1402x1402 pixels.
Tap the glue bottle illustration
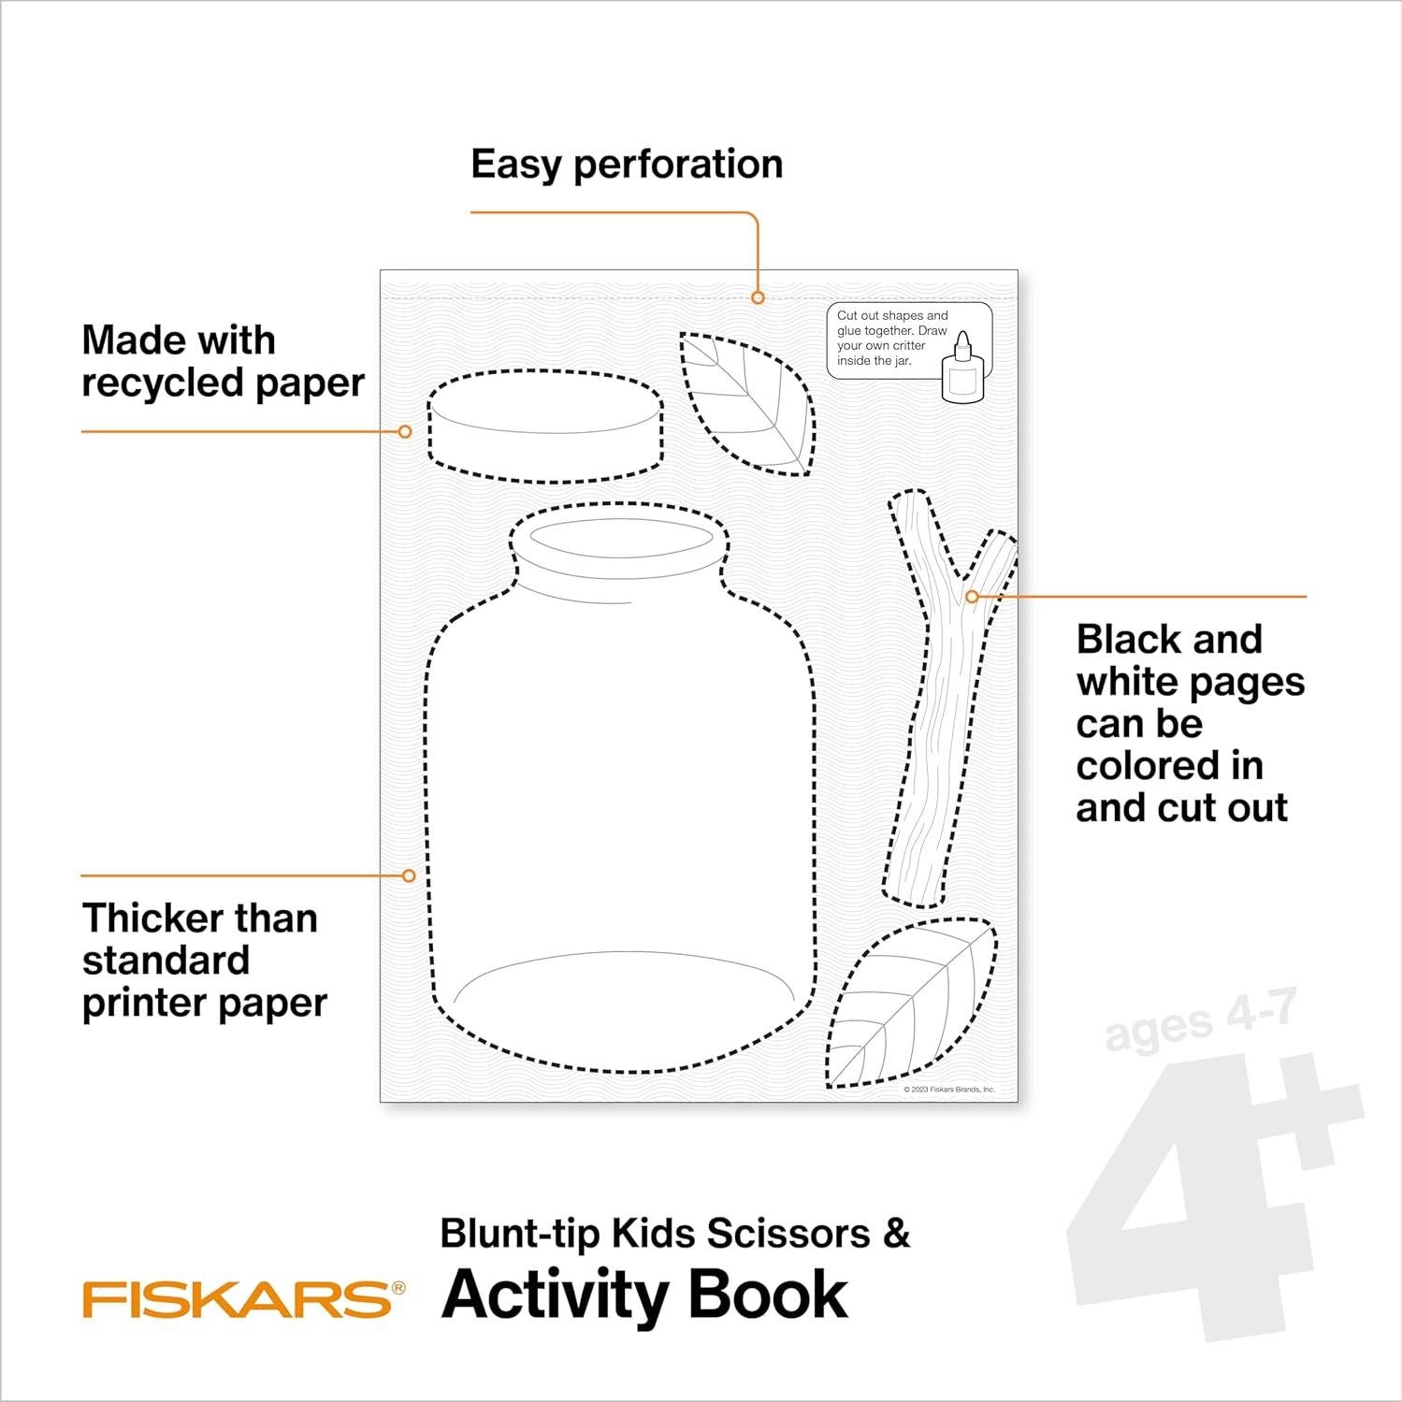[x=962, y=372]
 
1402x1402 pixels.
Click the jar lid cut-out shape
[x=545, y=426]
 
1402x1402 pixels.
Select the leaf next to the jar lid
[x=747, y=402]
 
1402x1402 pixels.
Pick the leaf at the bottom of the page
[x=909, y=1005]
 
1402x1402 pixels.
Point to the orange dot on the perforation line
[x=758, y=297]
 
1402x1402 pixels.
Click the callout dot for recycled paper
[x=405, y=431]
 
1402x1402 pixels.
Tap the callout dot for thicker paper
[x=409, y=875]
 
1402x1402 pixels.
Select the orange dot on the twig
[x=972, y=596]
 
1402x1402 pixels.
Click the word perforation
[x=678, y=165]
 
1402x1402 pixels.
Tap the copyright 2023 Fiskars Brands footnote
[x=948, y=1090]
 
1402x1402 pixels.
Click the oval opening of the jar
[x=621, y=540]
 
